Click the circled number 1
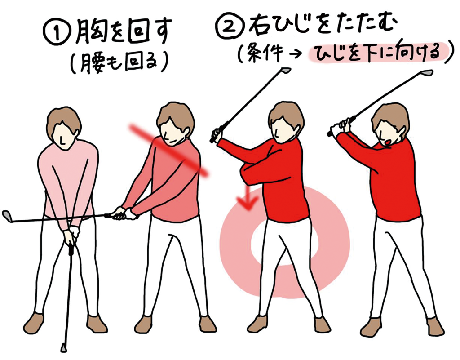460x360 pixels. [57, 33]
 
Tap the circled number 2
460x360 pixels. [230, 26]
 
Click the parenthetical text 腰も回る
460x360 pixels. [119, 62]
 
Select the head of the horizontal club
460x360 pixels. [8, 216]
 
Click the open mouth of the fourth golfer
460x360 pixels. [388, 142]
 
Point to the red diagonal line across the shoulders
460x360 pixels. [169, 151]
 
